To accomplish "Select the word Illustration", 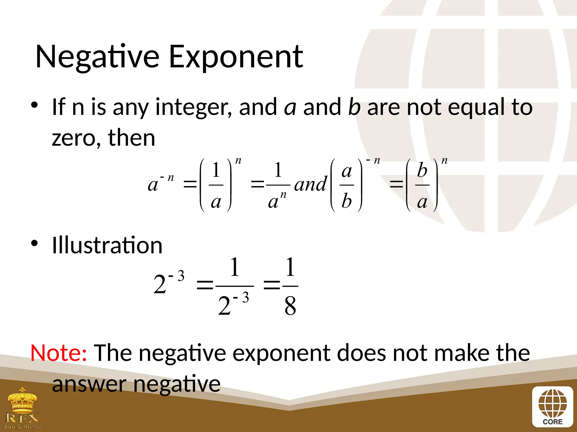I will [107, 245].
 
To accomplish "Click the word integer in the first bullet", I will [194, 107].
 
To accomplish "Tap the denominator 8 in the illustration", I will [290, 306].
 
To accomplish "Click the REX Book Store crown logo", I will [23, 408].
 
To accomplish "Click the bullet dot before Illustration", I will [34, 243].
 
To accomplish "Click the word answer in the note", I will [89, 384].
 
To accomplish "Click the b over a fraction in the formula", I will [422, 185].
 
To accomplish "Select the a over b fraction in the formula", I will [347, 185].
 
